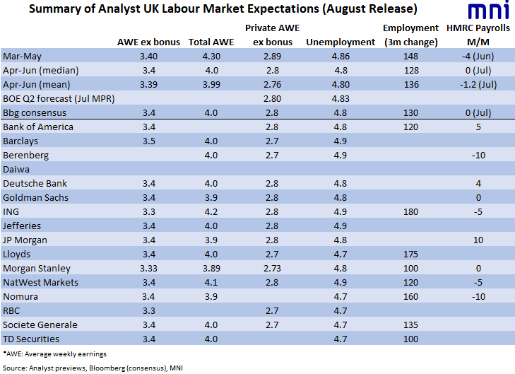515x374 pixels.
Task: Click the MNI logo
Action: (489, 10)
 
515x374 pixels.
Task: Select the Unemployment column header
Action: (341, 42)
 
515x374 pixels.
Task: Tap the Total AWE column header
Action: (211, 42)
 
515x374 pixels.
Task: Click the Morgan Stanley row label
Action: (37, 269)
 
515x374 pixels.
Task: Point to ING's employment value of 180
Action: (411, 212)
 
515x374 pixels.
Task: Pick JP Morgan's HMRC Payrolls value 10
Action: (478, 240)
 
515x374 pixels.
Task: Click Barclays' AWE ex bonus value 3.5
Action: (149, 141)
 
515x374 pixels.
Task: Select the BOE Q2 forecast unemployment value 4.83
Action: (341, 99)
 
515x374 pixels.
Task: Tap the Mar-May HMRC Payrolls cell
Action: (478, 57)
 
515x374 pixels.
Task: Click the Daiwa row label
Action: (16, 170)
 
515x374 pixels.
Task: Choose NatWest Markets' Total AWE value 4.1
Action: (211, 283)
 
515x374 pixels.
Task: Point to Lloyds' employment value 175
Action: (411, 255)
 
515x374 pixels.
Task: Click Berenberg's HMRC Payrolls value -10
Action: (478, 156)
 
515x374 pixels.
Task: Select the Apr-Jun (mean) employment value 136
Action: (411, 85)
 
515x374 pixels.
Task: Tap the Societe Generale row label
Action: (40, 325)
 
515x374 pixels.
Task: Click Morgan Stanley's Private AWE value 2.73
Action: (272, 269)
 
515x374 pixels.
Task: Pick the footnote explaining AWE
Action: (55, 354)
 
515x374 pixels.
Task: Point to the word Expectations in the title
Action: (283, 9)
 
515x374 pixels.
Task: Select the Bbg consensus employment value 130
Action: (411, 113)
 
